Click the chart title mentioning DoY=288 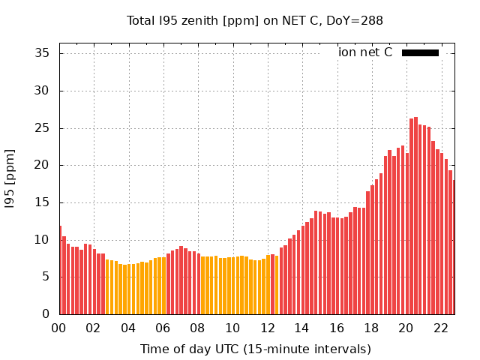(255, 21)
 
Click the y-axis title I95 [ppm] (10, 178)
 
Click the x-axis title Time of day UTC (255, 349)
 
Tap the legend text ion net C (365, 52)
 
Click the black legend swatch (420, 52)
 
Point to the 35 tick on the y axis (43, 53)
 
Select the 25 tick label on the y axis (43, 127)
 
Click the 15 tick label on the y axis (43, 202)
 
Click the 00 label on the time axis (59, 328)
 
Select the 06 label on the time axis (163, 328)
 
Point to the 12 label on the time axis (267, 328)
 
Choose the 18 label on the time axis (371, 328)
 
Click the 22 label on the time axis (440, 328)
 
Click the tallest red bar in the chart (416, 217)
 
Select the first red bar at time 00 (60, 270)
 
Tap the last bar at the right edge (454, 247)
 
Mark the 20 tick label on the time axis (406, 328)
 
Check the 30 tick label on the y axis (43, 91)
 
